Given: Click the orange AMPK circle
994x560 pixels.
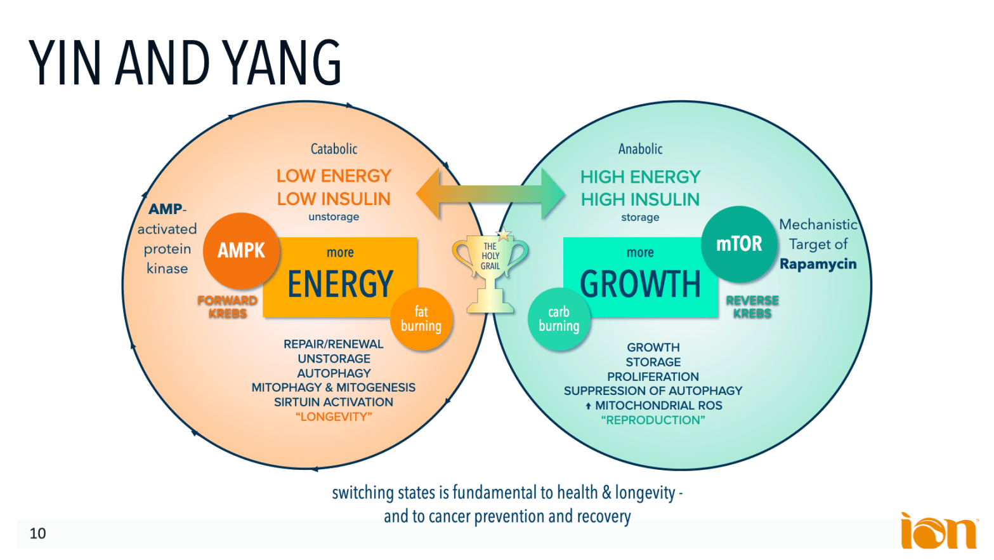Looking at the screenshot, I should coord(241,251).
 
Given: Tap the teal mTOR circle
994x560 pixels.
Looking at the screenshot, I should coord(739,244).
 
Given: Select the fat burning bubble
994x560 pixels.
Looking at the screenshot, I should coord(421,319).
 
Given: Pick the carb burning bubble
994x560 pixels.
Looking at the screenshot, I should coord(559,319).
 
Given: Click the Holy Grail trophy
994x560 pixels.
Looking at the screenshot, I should coord(490,270).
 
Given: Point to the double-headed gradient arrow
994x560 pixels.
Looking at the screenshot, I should coord(490,194).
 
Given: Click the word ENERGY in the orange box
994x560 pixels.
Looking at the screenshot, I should coord(341,284).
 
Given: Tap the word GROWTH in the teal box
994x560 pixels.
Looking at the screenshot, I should coord(640,284).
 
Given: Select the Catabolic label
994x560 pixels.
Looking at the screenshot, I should coord(334,149).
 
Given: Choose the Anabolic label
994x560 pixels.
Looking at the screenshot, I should coord(640,149).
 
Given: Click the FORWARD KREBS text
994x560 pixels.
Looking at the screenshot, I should coord(227,307).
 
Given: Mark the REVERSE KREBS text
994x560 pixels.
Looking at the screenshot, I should coord(752,307).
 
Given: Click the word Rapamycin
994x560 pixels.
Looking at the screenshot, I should coord(818,264).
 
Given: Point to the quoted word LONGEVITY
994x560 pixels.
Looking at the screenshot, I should coord(334,417).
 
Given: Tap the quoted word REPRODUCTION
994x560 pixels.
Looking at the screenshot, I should coord(653,420).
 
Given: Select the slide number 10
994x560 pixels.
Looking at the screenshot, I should coord(38,533).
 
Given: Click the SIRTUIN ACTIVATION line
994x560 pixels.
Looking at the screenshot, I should coord(334,403).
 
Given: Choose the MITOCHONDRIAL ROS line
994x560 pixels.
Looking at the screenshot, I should coord(657,406).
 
